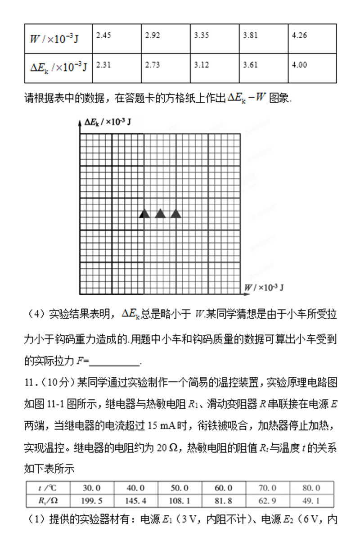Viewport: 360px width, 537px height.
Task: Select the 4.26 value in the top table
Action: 299,36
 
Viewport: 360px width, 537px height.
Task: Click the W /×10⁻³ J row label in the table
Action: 54,39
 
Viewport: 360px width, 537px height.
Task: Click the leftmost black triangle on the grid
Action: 144,214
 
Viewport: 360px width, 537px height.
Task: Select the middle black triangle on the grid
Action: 160,214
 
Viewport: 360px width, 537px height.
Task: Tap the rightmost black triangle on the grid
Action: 176,214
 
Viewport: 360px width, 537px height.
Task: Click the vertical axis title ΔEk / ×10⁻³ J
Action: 107,122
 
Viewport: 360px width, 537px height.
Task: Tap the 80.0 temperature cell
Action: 311,488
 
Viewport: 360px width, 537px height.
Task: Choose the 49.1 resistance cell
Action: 311,500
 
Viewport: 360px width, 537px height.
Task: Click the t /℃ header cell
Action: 47,488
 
